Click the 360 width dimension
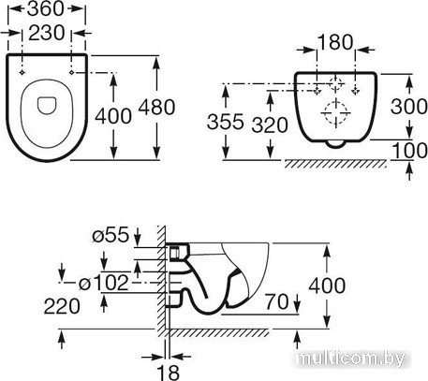(46, 8)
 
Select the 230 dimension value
(47, 33)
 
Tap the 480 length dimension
(156, 107)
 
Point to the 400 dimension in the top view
(113, 116)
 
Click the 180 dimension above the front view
(335, 42)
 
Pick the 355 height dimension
(225, 122)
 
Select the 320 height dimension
(270, 125)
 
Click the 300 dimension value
(409, 106)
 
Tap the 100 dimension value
(410, 151)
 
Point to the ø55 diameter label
(111, 235)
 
